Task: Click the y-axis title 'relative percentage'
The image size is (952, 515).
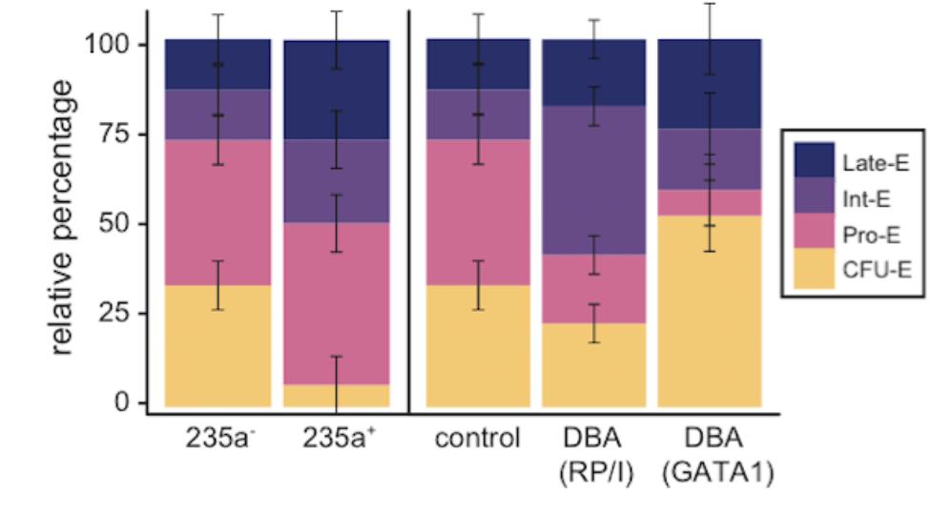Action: (63, 217)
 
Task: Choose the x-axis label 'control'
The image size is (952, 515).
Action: (477, 440)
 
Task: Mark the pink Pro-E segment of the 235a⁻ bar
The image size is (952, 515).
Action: (218, 212)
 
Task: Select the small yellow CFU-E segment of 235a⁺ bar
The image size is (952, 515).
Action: (315, 395)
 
